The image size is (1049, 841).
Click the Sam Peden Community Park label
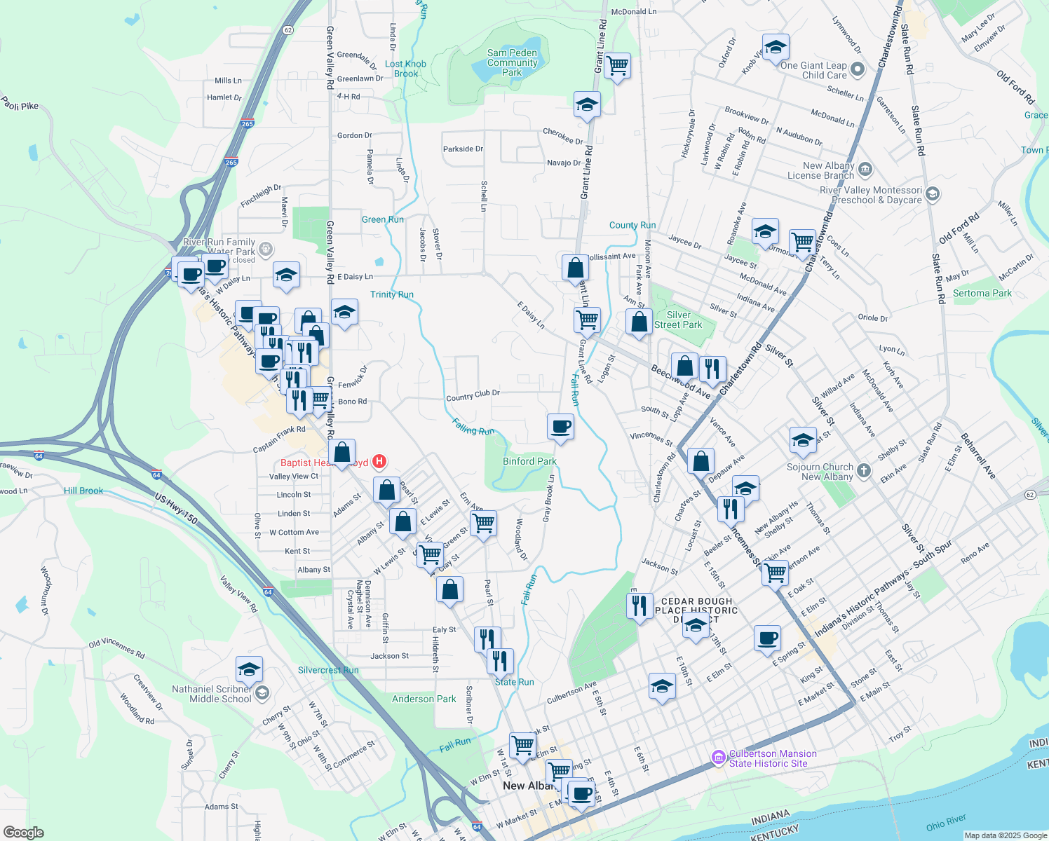point(512,62)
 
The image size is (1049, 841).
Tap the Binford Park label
point(529,461)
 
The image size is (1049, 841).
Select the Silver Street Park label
point(678,320)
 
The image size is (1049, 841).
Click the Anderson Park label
point(424,699)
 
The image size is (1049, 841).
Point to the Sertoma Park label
point(982,293)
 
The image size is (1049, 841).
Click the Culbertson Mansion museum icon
point(718,758)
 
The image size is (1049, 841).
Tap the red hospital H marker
point(379,461)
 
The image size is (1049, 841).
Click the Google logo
point(23,833)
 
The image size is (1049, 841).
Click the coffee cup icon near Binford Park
point(561,426)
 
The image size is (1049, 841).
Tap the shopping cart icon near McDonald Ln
point(617,66)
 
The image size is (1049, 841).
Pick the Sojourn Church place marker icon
point(864,471)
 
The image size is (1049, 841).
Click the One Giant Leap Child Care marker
point(858,69)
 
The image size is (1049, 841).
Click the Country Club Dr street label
point(473,395)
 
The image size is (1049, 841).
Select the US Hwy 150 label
point(177,509)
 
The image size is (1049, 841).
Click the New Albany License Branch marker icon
point(865,170)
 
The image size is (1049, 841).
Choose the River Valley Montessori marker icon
point(933,194)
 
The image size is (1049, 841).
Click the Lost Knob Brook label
point(405,69)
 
